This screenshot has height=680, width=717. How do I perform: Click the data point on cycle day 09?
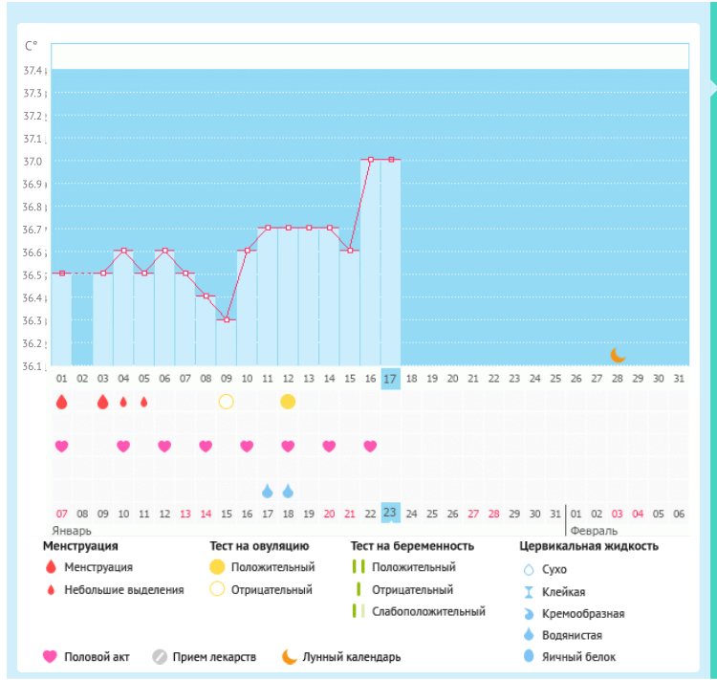[x=227, y=319]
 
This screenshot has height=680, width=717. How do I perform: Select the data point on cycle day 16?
[x=371, y=160]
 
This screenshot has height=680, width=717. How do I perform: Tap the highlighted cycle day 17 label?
[x=390, y=379]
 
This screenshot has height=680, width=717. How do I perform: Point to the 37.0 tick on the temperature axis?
[x=33, y=162]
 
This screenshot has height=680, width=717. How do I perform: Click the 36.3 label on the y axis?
[x=33, y=320]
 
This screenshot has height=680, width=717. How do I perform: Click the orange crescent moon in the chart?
[x=618, y=355]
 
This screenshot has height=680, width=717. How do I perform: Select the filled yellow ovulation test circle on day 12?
[x=288, y=402]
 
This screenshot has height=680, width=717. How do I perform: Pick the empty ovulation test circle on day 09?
[x=226, y=402]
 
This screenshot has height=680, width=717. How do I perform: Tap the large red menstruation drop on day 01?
[x=62, y=402]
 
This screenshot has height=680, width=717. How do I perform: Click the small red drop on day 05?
[x=144, y=402]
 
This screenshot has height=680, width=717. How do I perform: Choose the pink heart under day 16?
[x=370, y=446]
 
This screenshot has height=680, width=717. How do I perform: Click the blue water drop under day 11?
[x=268, y=491]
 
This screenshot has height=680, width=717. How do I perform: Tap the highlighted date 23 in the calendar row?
[x=390, y=513]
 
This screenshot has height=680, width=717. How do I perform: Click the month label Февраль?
[x=594, y=531]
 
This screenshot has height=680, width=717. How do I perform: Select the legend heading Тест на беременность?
[x=412, y=546]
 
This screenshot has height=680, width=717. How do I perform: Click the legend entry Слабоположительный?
[x=428, y=611]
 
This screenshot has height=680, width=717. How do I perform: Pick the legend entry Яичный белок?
[x=578, y=657]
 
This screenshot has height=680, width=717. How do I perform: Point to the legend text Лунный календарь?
[x=351, y=657]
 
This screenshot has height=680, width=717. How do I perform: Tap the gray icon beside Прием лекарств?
[x=160, y=657]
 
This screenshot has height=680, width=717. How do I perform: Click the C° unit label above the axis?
[x=32, y=46]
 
